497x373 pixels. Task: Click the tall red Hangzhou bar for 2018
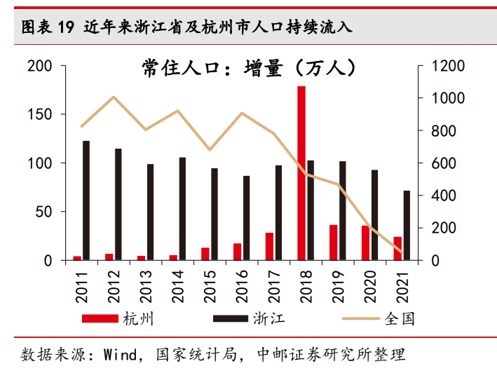[301, 173]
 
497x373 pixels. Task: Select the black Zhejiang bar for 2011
[86, 201]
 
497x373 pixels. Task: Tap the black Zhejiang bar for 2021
[407, 225]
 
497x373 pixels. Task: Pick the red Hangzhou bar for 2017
[269, 247]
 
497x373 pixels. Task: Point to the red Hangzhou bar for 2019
[334, 243]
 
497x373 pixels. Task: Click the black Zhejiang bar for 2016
[246, 218]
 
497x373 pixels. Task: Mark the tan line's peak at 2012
[114, 97]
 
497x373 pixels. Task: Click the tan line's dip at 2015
[210, 149]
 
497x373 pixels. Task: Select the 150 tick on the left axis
[40, 114]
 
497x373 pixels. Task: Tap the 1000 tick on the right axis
[448, 98]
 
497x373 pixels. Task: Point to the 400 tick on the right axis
[444, 195]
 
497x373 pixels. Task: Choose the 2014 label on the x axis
[178, 287]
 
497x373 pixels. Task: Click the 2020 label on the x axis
[370, 287]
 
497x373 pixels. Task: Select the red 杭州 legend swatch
[100, 318]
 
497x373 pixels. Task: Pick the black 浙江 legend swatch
[231, 318]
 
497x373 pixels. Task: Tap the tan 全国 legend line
[361, 318]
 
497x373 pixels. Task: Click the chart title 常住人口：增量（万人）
[249, 67]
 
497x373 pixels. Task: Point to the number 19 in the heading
[66, 27]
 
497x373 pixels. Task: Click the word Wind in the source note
[121, 355]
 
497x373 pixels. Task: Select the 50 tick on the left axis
[43, 212]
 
